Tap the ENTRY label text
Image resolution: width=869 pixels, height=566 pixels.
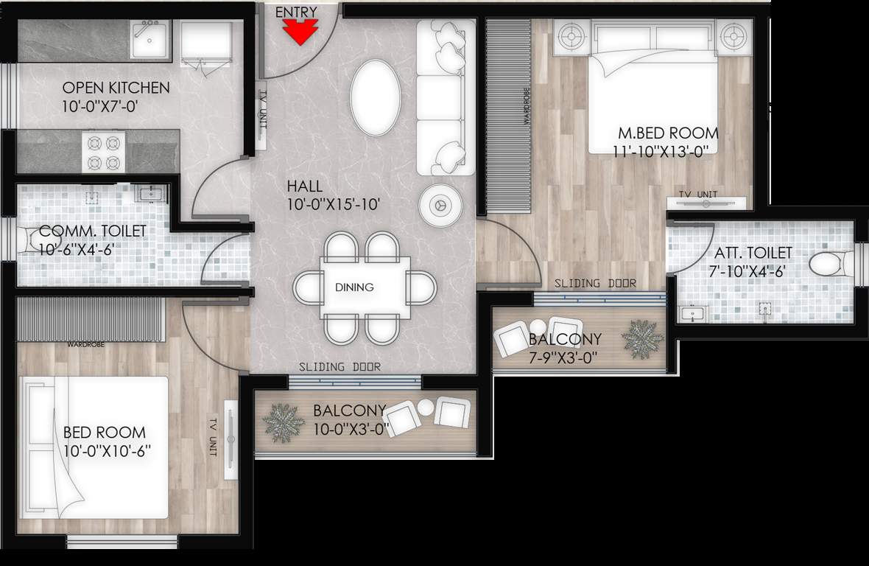(x=296, y=12)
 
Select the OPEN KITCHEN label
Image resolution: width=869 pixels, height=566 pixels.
(x=116, y=88)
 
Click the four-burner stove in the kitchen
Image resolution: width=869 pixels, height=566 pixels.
(x=104, y=152)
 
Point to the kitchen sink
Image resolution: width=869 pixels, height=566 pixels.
(x=150, y=38)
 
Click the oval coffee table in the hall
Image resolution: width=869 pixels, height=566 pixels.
(x=376, y=97)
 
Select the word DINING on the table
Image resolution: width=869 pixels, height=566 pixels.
(x=354, y=287)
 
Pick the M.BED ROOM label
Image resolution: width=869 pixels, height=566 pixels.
(x=667, y=133)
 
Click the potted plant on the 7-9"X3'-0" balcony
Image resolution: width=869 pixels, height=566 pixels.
(x=642, y=339)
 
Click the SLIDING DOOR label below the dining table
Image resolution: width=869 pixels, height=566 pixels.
(x=339, y=366)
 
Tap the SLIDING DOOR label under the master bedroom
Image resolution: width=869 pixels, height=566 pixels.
(x=595, y=283)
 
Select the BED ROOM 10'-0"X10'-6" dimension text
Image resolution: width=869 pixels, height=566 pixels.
(x=107, y=451)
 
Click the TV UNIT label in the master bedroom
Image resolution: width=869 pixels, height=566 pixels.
(x=697, y=194)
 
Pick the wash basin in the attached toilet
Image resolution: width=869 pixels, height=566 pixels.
(x=692, y=314)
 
